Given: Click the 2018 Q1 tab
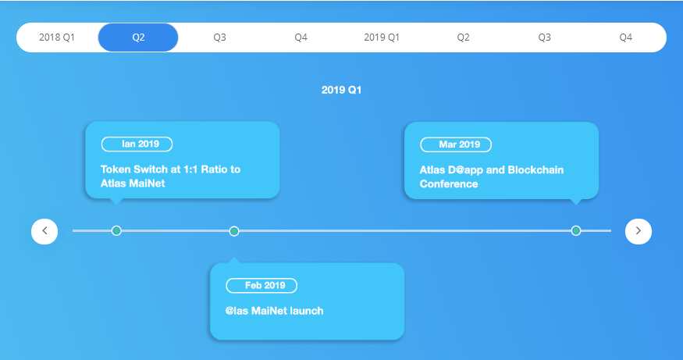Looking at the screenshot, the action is coord(57,37).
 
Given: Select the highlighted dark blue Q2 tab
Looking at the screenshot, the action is coord(138,37).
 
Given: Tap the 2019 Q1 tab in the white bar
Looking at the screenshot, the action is coord(382,37).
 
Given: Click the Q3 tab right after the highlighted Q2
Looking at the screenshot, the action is coord(219,37).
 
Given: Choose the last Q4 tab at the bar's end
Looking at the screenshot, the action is coord(625,37).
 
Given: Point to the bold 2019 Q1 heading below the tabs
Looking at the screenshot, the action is coord(342,91).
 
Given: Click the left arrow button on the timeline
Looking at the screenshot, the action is coord(44,231).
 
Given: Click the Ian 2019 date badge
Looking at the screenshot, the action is coord(137,144).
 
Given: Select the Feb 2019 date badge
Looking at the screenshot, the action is coord(261,286).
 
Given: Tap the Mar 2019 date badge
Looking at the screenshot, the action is coord(456,144).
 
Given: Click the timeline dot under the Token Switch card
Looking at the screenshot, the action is coord(116,230).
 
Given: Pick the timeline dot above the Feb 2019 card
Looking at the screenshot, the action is coord(234,231).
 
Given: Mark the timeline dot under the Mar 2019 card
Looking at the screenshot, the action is coord(576,230).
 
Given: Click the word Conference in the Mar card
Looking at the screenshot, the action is coord(449,184).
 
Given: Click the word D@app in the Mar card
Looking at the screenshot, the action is coord(465,170).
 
